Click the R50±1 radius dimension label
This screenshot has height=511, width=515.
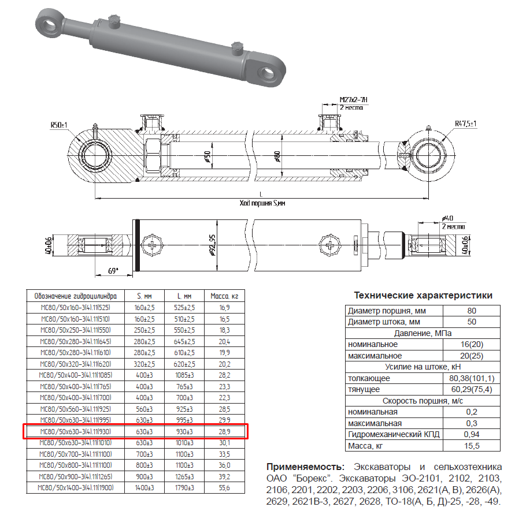pos(59,125)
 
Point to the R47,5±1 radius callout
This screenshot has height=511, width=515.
pos(465,124)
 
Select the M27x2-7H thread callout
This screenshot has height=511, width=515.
pos(354,100)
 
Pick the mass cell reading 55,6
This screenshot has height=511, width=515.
pos(225,488)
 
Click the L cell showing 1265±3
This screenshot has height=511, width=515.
pos(185,477)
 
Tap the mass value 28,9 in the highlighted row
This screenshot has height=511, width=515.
pos(225,431)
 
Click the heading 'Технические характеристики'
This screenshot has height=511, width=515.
pos(423,296)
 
